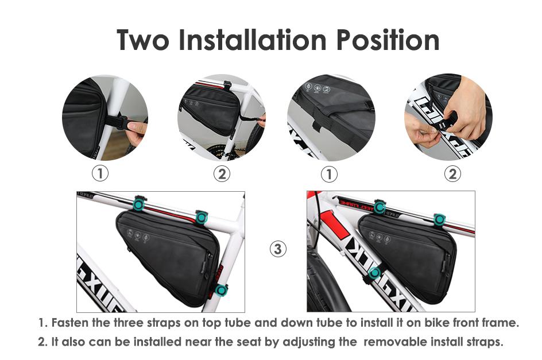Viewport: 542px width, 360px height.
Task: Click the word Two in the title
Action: (x=143, y=40)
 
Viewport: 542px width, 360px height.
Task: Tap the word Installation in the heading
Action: (x=252, y=40)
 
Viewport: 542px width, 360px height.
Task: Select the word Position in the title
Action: (x=388, y=40)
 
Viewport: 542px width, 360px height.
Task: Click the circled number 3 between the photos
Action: (x=278, y=249)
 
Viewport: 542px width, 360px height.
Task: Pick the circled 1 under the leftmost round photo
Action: (x=100, y=173)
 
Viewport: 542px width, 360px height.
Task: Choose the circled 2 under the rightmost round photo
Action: (x=452, y=173)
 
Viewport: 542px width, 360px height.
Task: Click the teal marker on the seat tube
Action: (x=221, y=290)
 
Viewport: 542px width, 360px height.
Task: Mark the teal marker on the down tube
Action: (x=374, y=273)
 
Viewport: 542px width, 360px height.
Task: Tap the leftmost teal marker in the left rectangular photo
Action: (x=138, y=204)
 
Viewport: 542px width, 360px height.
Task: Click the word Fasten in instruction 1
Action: (x=70, y=323)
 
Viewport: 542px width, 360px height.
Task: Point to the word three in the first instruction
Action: (x=129, y=323)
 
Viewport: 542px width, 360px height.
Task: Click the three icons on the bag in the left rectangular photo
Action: (x=138, y=235)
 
